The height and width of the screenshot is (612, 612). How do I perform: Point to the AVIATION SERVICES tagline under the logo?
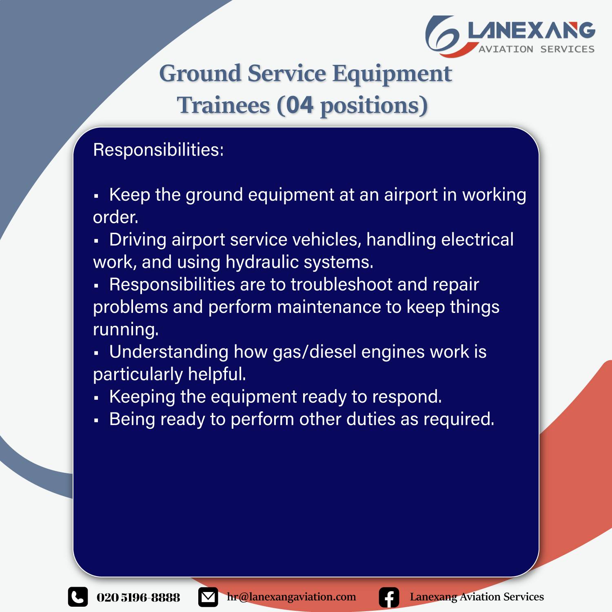pyautogui.click(x=537, y=49)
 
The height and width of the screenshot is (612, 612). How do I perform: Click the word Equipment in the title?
pyautogui.click(x=392, y=74)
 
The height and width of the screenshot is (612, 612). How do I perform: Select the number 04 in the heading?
pyautogui.click(x=300, y=105)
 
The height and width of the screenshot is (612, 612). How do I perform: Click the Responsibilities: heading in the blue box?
pyautogui.click(x=158, y=150)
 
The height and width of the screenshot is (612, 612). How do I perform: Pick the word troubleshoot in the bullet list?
pyautogui.click(x=341, y=284)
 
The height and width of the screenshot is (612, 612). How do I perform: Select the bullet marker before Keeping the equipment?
pyautogui.click(x=96, y=397)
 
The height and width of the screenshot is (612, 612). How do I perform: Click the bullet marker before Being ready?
pyautogui.click(x=96, y=420)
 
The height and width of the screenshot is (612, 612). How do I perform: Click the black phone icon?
pyautogui.click(x=78, y=597)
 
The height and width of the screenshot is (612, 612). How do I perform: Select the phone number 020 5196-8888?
pyautogui.click(x=138, y=597)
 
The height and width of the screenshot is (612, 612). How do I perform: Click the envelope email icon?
pyautogui.click(x=208, y=597)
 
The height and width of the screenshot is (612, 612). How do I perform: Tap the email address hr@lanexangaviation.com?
pyautogui.click(x=291, y=597)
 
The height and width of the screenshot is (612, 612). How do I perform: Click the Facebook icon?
pyautogui.click(x=389, y=597)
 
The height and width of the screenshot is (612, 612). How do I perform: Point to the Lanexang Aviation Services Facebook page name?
pyautogui.click(x=477, y=597)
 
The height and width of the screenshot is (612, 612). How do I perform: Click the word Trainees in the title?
pyautogui.click(x=223, y=105)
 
